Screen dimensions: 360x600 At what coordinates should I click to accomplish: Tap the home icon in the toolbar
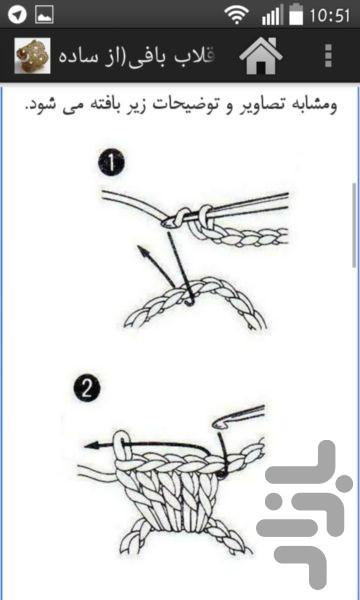pos(261,56)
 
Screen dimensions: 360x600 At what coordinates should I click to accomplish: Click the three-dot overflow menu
pos(328,56)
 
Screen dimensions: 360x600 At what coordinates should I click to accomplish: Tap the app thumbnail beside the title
pos(32,56)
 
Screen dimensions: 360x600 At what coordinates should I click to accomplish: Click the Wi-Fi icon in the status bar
pos(236,16)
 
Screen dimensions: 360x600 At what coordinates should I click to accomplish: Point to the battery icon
pos(296,15)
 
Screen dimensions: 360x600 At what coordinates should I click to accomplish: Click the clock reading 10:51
pos(329,16)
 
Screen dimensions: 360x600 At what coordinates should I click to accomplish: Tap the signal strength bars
pos(272,16)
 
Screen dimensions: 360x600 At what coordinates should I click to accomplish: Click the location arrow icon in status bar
pos(17,15)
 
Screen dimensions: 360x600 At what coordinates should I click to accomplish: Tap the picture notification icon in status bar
pos(44,15)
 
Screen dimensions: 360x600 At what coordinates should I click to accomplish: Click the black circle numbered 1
pos(111,164)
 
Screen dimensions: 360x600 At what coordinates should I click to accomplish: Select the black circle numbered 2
pos(87,391)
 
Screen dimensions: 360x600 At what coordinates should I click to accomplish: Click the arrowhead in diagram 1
pos(143,252)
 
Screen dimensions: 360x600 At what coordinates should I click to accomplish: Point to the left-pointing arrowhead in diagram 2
pos(91,445)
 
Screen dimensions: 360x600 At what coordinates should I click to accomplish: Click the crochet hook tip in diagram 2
pos(219,423)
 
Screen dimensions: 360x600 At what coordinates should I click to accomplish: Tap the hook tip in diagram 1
pos(165,223)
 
